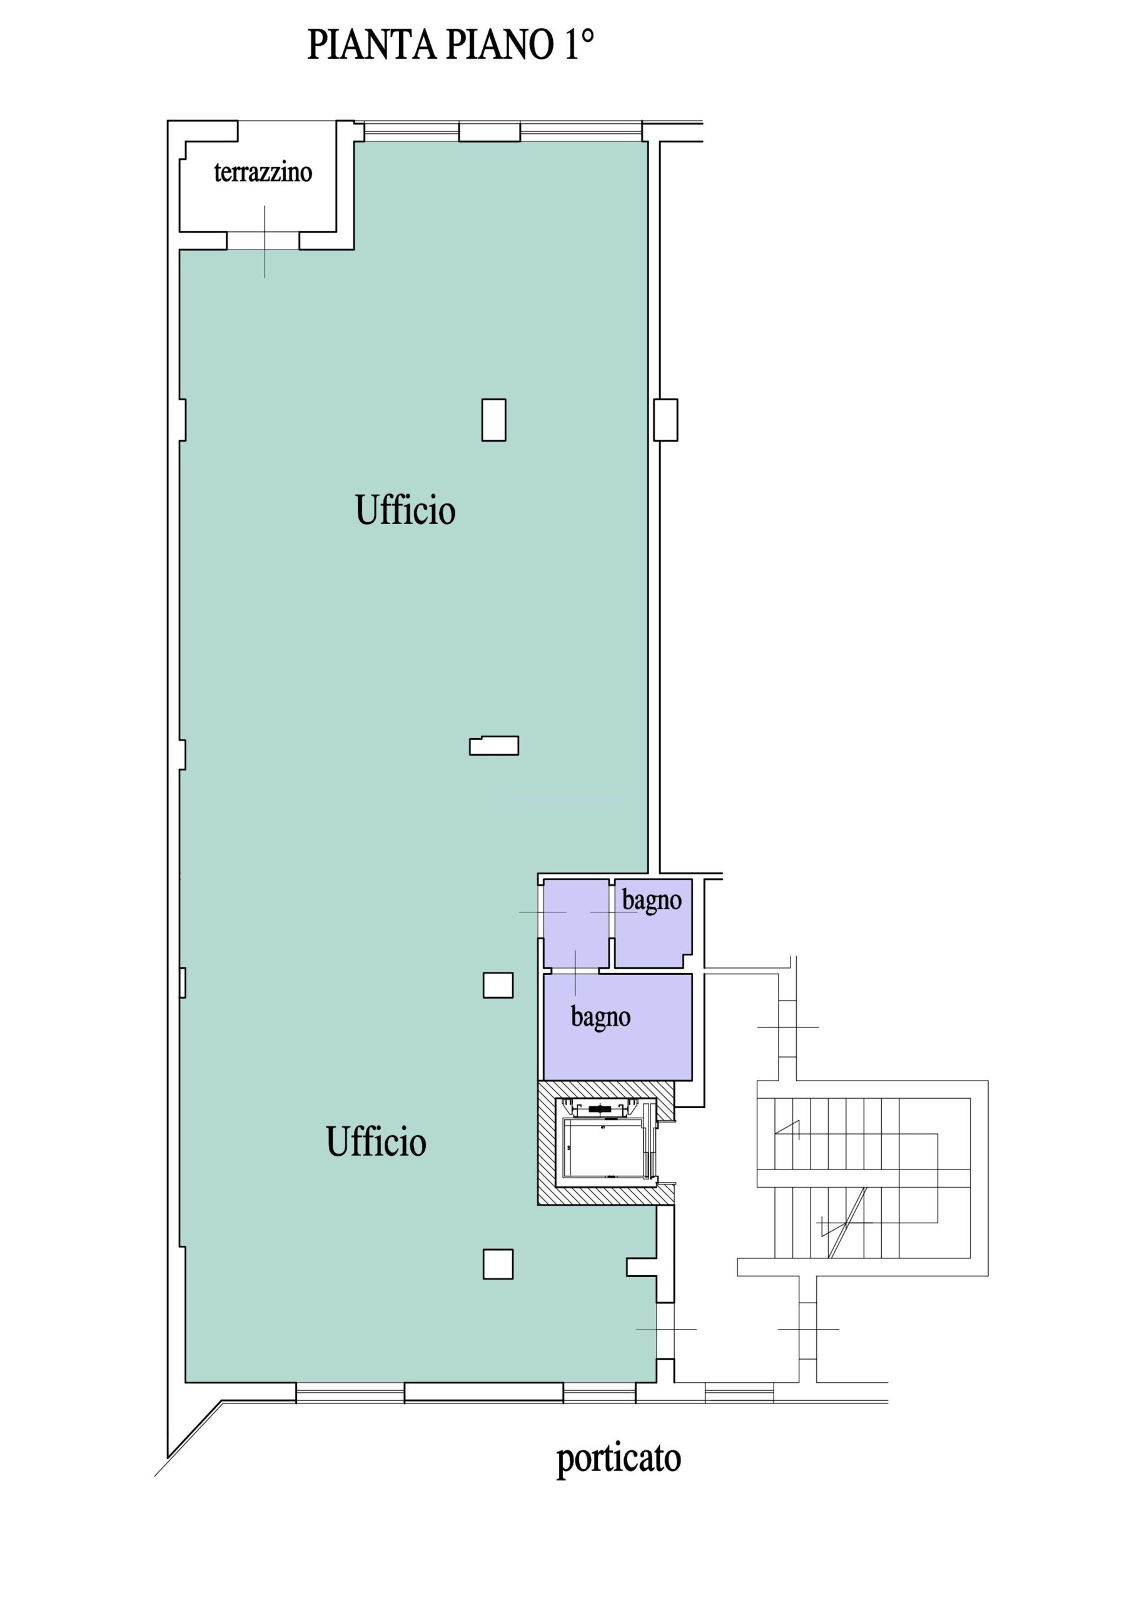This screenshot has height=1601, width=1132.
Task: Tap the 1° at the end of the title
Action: pos(579,44)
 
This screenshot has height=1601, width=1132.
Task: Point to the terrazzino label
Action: pos(263,172)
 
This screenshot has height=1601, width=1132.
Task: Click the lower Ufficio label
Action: pos(376,1141)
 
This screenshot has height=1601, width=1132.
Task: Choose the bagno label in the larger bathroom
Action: pos(600,1018)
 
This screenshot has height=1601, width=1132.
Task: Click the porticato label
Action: pos(618,1457)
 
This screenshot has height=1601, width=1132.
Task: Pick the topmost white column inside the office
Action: pos(494,420)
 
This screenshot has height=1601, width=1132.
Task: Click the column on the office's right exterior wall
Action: pos(665,420)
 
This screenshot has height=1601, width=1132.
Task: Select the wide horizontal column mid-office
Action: pos(494,745)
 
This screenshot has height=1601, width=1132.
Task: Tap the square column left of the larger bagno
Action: pos(498,985)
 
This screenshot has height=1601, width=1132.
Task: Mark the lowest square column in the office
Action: pos(498,1263)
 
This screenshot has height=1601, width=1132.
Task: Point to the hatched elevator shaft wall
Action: pos(605,1195)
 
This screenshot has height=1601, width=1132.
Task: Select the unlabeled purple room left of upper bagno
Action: pos(576,924)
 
